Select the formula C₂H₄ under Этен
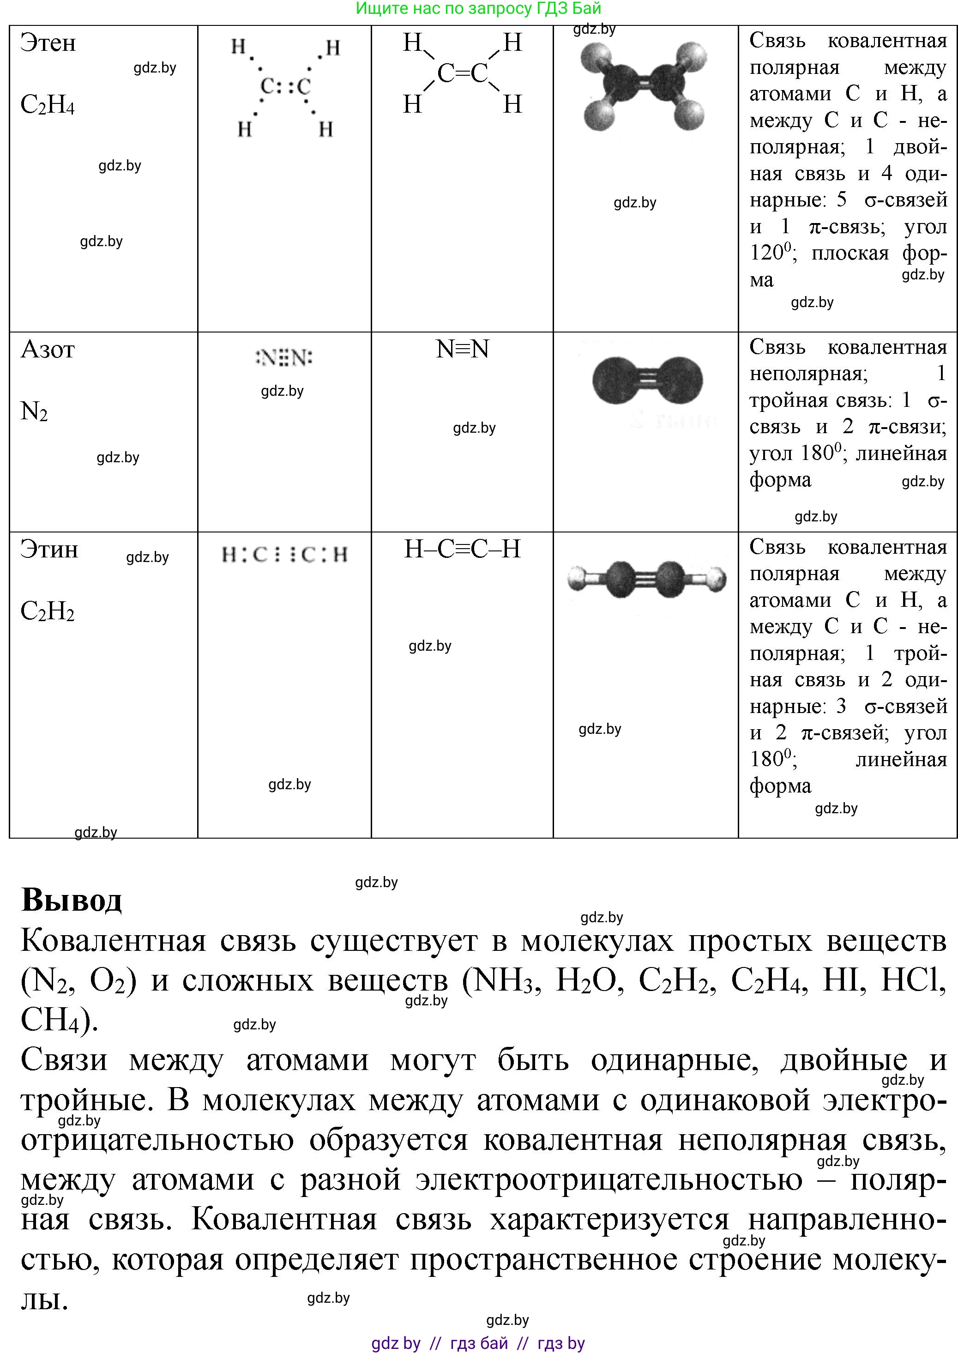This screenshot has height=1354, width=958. coord(47,105)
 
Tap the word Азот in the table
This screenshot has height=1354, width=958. coord(48,350)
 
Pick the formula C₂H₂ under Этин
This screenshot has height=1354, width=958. coord(47,612)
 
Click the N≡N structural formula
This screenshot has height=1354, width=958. coord(463,349)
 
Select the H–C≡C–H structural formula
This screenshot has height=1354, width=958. coord(463,549)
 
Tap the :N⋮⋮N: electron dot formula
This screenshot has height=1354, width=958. coord(284,357)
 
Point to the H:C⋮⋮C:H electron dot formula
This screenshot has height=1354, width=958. coord(284,555)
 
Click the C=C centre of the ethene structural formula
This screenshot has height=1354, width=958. coord(463,73)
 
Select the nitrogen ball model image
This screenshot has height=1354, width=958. coord(647,381)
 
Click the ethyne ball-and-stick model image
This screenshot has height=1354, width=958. coord(646,580)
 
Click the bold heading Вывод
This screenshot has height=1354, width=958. coord(72,901)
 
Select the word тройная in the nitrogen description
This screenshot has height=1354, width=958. coord(784,400)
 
